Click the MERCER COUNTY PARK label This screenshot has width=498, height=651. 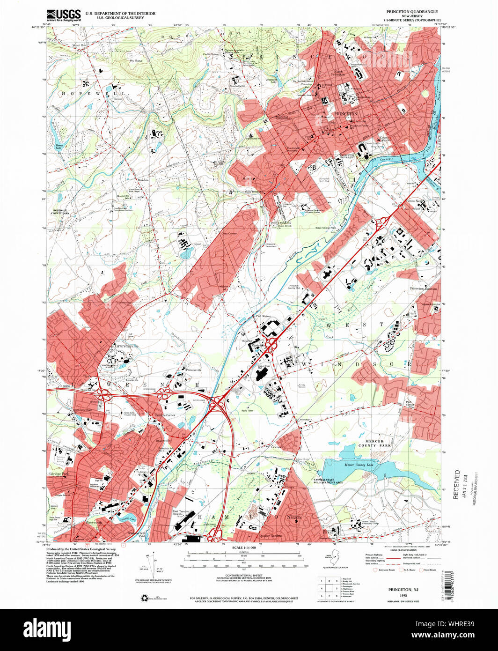[x=374, y=443]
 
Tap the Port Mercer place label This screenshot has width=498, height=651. [x=264, y=316]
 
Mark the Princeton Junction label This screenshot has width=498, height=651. [x=423, y=289]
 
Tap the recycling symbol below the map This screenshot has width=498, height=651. [x=144, y=598]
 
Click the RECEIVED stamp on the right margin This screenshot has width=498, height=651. [x=456, y=485]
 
